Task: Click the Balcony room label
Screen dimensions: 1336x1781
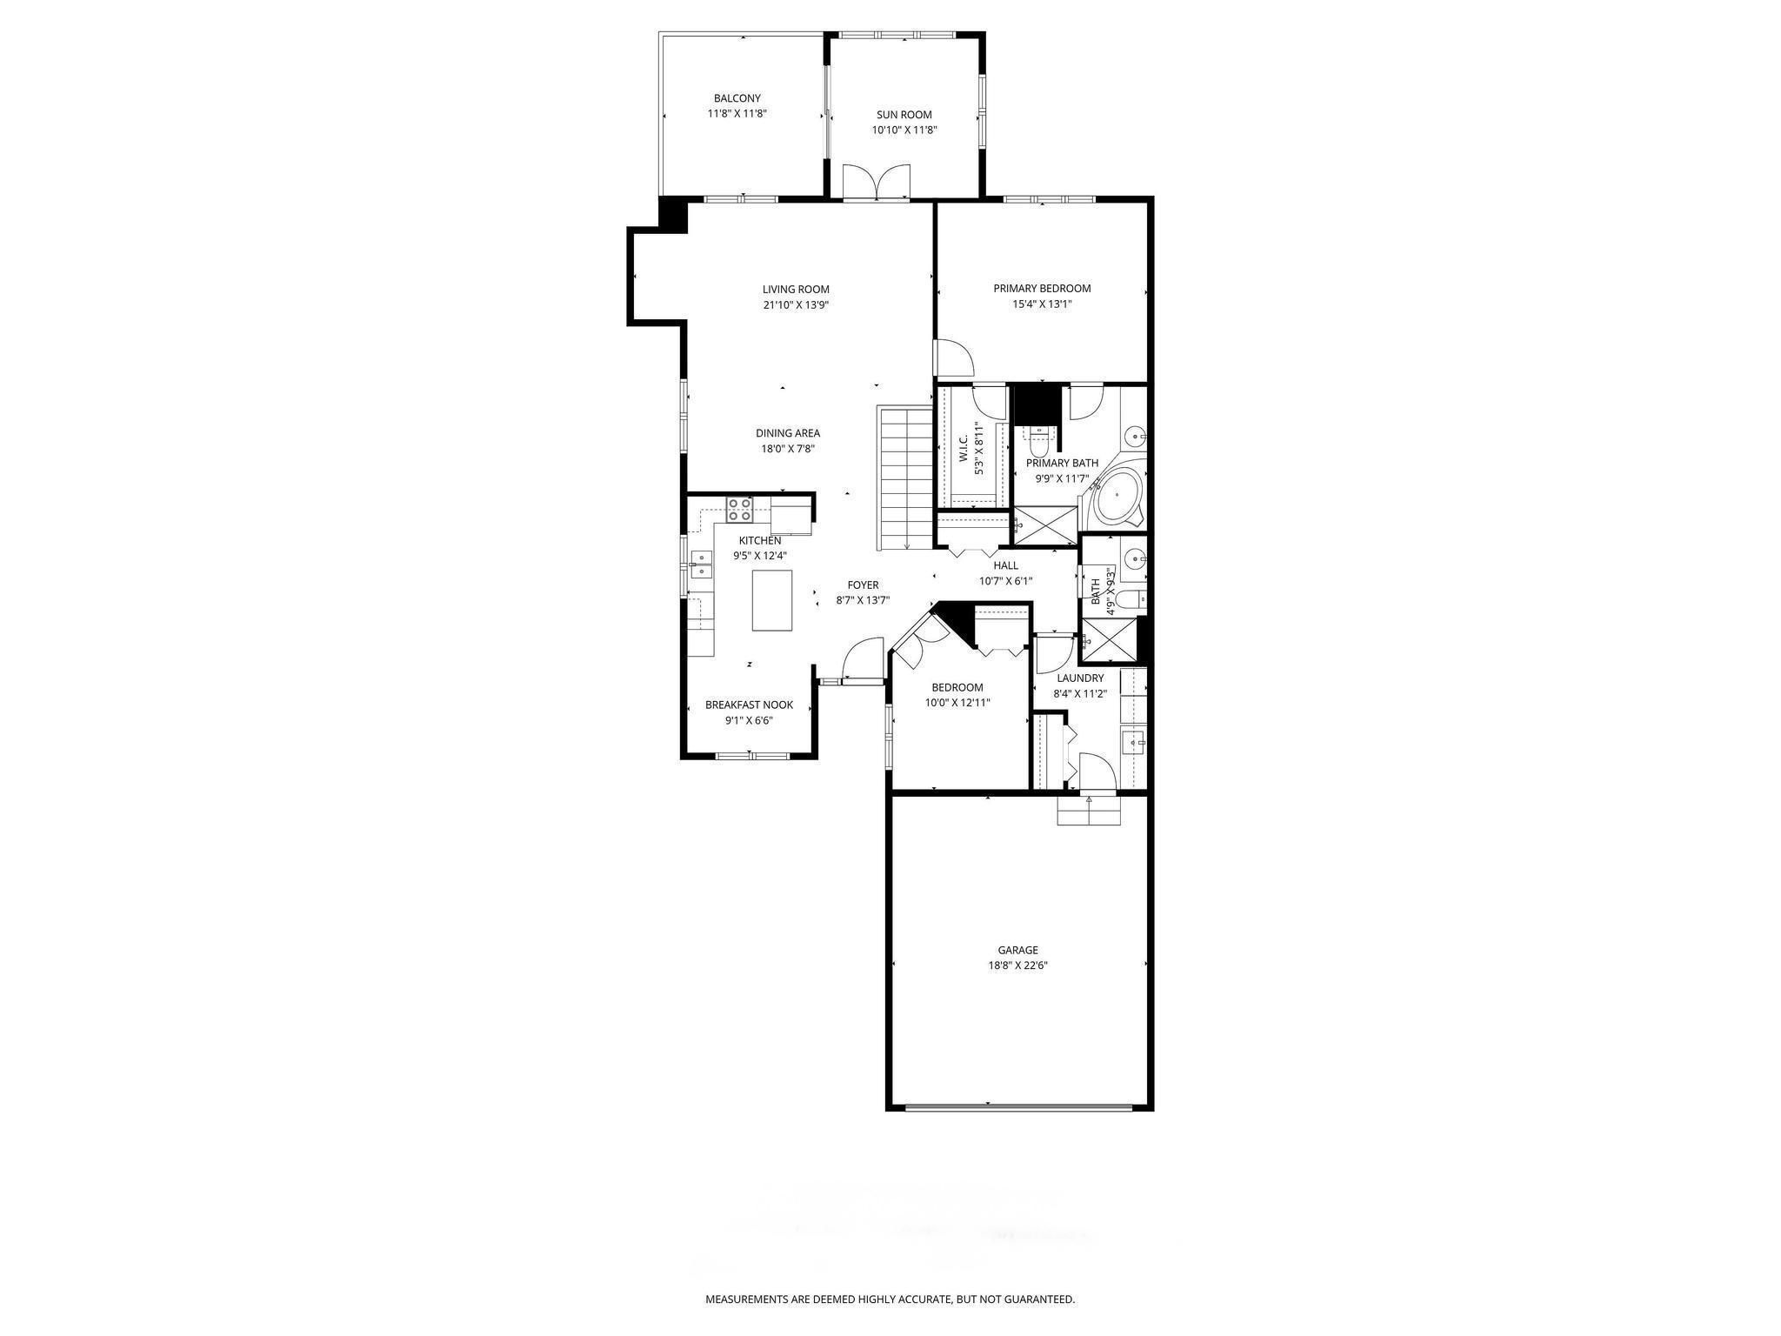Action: point(737,98)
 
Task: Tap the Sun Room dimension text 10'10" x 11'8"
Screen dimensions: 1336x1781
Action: point(904,130)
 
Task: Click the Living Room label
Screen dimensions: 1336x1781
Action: point(796,290)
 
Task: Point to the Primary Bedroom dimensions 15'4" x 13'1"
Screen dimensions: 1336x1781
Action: point(1042,304)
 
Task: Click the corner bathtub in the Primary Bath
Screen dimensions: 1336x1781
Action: point(1117,497)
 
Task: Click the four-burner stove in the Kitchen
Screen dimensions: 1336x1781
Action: point(740,509)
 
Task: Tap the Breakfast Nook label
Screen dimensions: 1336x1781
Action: point(749,705)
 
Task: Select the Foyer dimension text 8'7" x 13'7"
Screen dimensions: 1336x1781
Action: point(863,600)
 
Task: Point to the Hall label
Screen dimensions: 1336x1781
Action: point(1005,565)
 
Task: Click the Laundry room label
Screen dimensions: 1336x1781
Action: point(1080,678)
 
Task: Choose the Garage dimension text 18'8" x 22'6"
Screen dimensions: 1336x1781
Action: point(1017,965)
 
